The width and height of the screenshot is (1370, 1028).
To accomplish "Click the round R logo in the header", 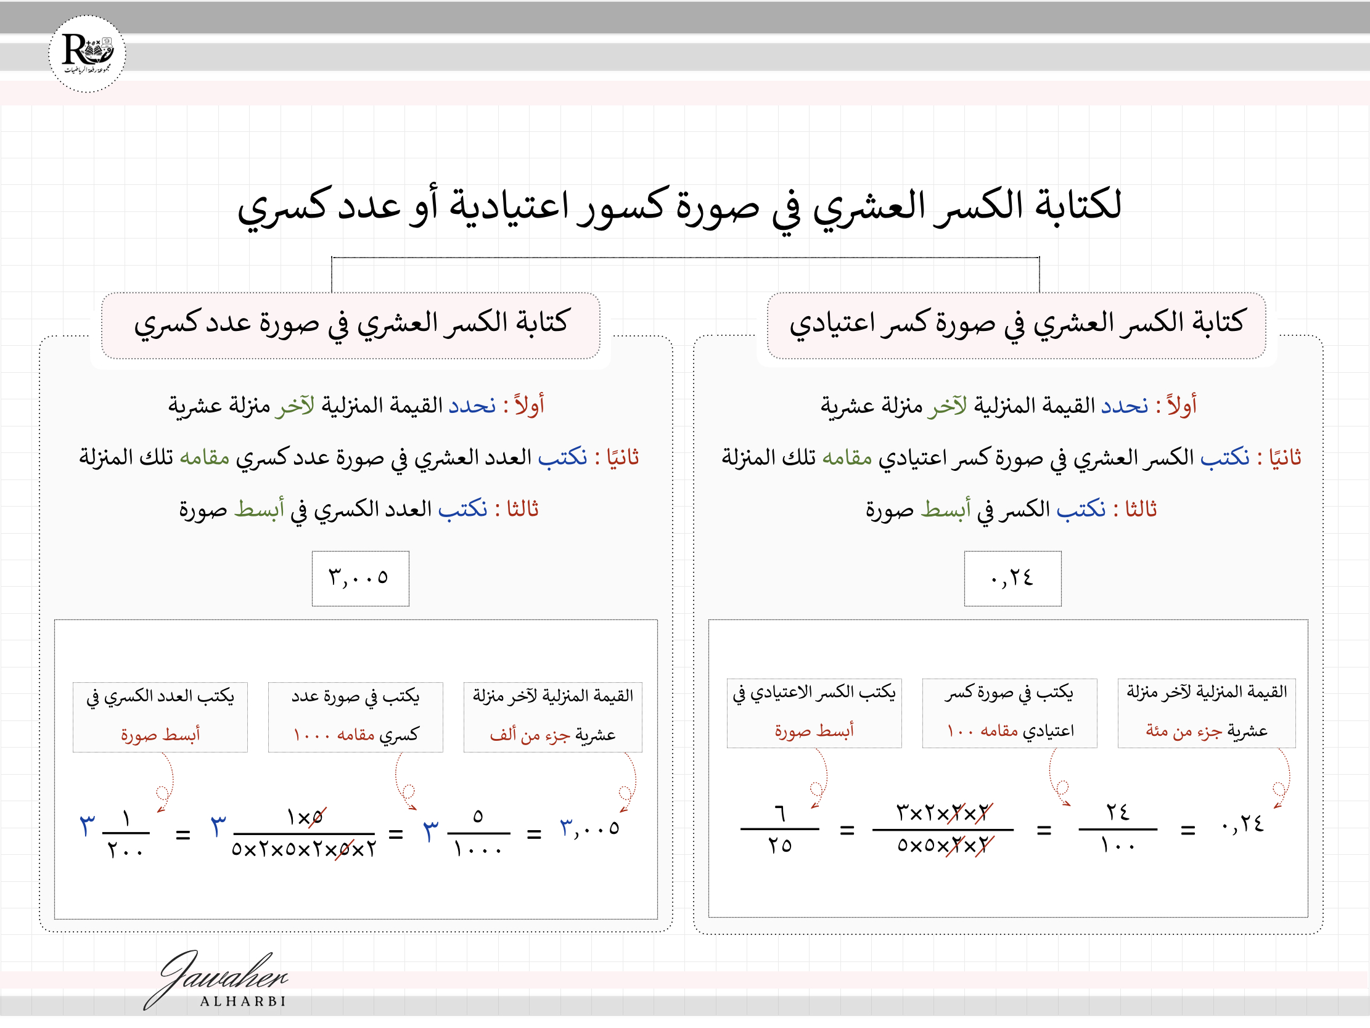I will [x=88, y=54].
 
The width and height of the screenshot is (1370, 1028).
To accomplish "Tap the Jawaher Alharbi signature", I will [x=217, y=981].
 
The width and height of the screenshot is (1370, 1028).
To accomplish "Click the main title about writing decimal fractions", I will [x=679, y=206].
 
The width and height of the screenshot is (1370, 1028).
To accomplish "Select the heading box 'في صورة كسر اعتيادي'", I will [x=1015, y=325].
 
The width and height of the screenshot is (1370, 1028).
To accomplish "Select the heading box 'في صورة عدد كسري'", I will [x=351, y=325].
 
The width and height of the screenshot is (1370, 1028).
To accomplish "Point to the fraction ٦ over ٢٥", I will [x=779, y=828].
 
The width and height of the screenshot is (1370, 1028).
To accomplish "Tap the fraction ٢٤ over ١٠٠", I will [x=1117, y=828].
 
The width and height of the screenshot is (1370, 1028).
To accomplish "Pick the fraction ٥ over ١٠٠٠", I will [x=477, y=833].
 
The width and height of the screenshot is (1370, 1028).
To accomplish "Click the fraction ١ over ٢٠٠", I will [x=126, y=833].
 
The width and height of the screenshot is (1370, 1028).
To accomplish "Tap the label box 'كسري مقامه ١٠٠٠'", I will [x=356, y=717].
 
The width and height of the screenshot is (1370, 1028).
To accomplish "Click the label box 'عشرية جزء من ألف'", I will [x=552, y=717].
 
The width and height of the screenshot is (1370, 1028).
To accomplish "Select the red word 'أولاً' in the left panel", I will [x=529, y=406].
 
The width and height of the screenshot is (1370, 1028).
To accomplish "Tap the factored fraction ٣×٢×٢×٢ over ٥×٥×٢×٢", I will [x=943, y=828].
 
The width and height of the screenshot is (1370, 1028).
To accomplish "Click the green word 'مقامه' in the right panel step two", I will [x=847, y=458].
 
